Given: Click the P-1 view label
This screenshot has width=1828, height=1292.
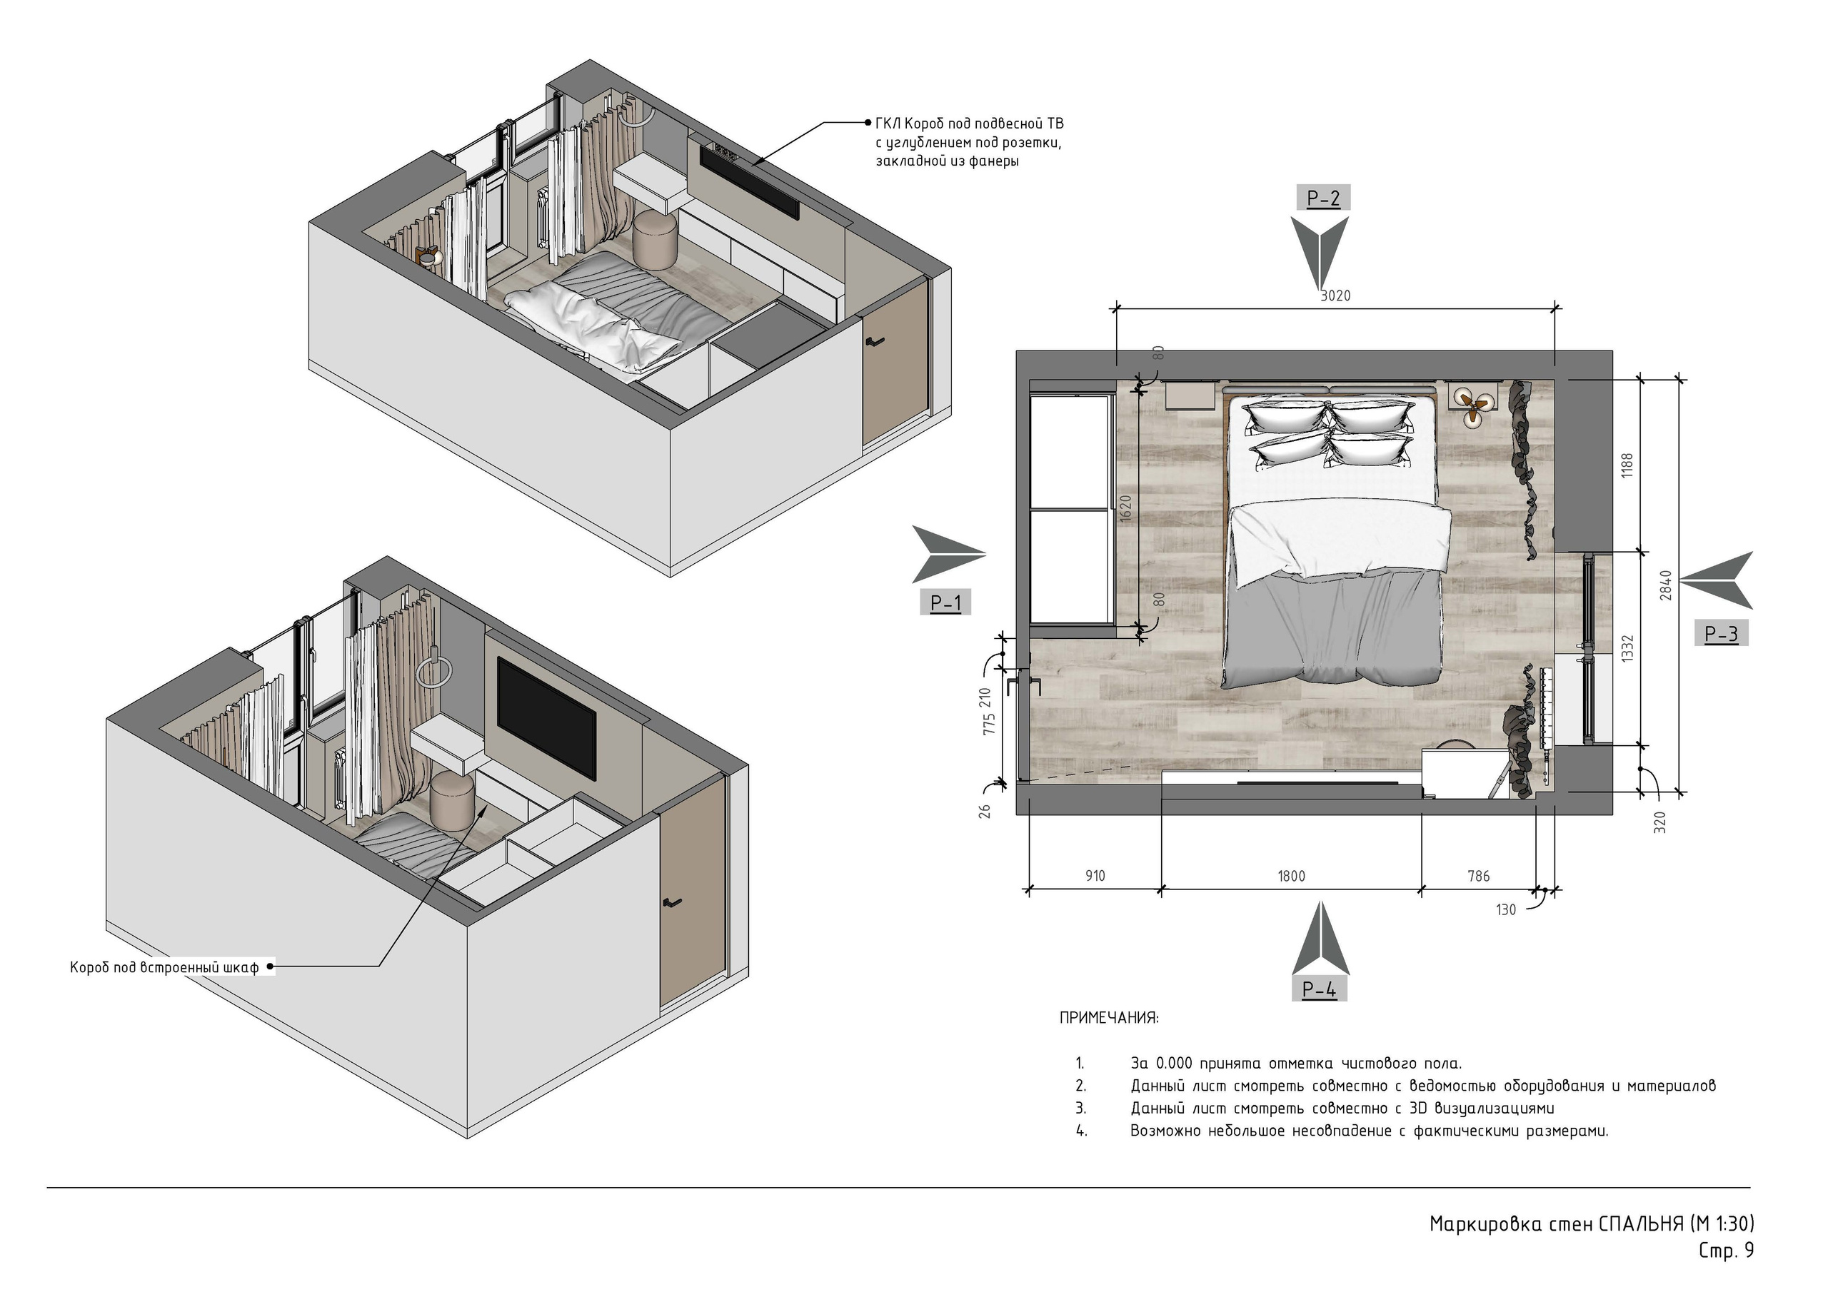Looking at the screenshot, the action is [x=946, y=603].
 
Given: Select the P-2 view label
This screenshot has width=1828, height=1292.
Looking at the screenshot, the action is [x=1323, y=198].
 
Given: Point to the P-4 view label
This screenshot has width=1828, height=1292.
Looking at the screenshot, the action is [x=1320, y=989].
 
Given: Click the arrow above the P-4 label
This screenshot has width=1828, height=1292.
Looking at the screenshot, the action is [x=1320, y=939].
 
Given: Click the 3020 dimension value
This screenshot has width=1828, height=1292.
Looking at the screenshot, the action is [x=1335, y=296].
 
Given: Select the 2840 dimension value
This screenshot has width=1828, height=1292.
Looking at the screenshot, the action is [x=1666, y=585].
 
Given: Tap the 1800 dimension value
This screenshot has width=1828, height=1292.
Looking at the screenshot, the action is [x=1292, y=877].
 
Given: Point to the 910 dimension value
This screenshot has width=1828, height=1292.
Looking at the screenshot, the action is [x=1095, y=877].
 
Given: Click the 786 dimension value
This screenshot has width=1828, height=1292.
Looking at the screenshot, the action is [x=1479, y=877].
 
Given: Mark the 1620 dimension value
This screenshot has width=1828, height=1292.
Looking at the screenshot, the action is [x=1125, y=509].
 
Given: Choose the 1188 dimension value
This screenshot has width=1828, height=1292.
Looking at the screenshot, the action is [x=1627, y=465].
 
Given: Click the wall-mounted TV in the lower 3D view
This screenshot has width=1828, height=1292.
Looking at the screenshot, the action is [x=546, y=717].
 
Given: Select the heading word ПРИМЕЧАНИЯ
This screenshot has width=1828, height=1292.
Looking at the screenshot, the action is [x=1109, y=1018].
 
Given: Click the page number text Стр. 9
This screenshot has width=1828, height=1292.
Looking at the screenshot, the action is [x=1726, y=1251].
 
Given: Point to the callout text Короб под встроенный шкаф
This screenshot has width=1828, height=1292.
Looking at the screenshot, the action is [x=165, y=968].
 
